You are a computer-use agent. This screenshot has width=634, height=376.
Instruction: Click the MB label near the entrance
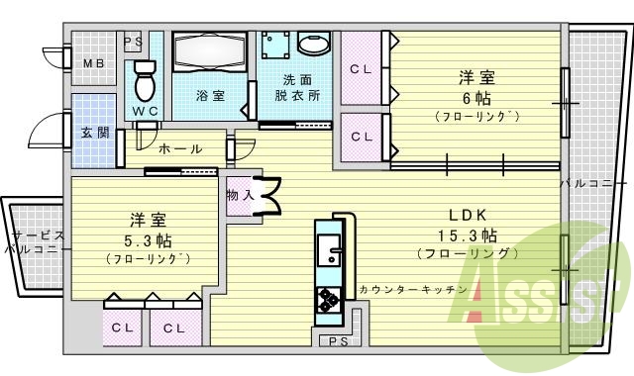pos(93,64)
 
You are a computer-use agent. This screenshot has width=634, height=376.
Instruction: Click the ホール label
pos(180,149)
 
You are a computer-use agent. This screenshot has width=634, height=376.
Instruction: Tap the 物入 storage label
pos(240,195)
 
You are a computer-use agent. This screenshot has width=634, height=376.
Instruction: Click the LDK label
pos(468,214)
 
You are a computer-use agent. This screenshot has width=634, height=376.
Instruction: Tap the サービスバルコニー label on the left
pos(35,242)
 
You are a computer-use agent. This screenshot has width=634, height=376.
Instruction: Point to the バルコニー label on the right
pos(594,184)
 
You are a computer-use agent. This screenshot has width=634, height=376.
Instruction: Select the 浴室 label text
pos(209,96)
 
